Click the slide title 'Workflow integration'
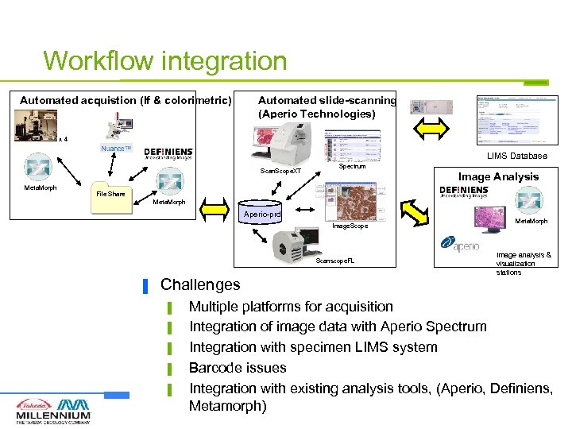[x=164, y=60]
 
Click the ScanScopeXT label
[x=281, y=171]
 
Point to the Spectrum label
[x=352, y=167]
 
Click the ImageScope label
[x=350, y=226]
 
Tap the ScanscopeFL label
[x=338, y=261]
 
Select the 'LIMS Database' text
[x=517, y=156]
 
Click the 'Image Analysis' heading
[x=498, y=176]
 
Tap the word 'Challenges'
[x=200, y=284]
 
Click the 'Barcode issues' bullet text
[x=238, y=368]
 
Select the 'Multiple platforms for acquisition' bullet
[x=291, y=306]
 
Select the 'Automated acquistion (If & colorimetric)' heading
[x=126, y=100]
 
